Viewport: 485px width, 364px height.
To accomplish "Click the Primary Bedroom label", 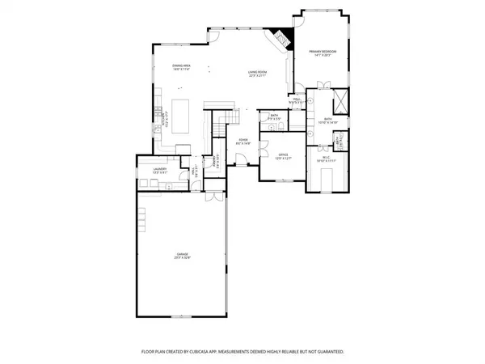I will pos(323,54).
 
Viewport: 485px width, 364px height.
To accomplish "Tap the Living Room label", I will pos(259,74).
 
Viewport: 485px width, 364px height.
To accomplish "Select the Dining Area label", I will pos(182,67).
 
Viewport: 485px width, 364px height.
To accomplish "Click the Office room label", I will pos(283,156).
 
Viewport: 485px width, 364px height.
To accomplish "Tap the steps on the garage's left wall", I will pos(142,217).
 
